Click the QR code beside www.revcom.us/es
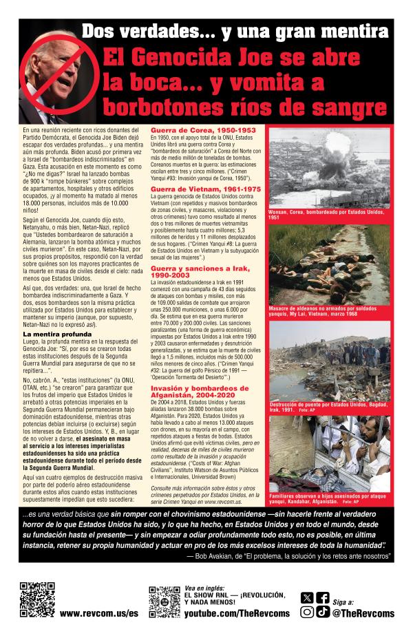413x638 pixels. tap(32, 599)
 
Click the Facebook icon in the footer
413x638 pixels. tap(322, 597)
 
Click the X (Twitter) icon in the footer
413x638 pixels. tap(307, 597)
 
